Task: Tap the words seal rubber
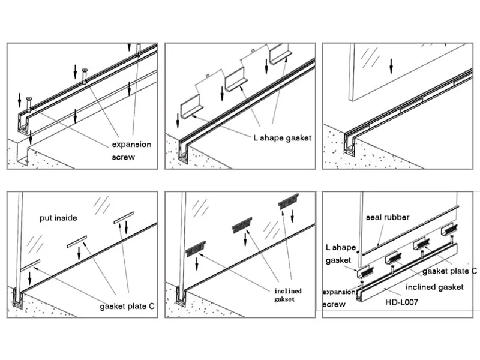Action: click(388, 217)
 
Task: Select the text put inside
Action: click(58, 218)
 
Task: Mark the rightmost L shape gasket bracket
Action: click(280, 56)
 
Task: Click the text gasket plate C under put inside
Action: click(127, 307)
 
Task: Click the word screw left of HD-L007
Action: click(334, 304)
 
